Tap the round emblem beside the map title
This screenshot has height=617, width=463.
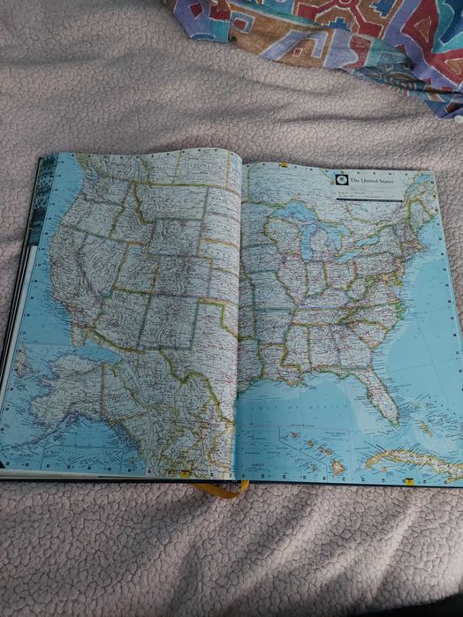[x=340, y=179]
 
